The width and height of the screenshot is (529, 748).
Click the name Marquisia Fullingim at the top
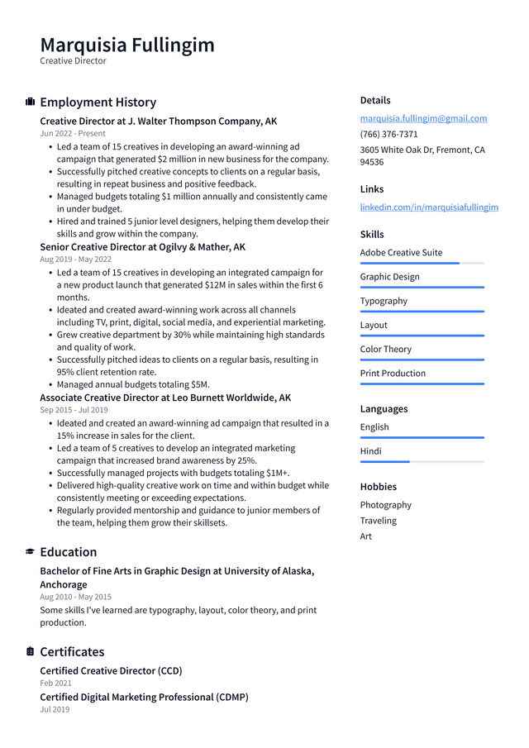127,45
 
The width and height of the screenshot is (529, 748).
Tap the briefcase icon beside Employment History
31,102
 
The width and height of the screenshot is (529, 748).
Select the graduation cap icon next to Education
31,552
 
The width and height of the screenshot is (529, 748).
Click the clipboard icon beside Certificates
31,652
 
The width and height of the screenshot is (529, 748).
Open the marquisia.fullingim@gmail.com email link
423,118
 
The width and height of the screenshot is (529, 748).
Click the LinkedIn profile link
429,207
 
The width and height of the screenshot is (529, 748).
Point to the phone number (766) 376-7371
388,134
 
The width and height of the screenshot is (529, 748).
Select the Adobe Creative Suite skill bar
422,263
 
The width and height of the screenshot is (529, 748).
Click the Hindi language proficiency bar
422,461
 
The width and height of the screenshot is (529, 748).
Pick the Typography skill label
384,301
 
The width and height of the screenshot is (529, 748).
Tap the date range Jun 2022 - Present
73,133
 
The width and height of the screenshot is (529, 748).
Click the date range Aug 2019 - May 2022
75,259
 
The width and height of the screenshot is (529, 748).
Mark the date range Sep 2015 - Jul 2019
74,410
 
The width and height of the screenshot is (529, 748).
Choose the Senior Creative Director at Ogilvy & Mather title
142,246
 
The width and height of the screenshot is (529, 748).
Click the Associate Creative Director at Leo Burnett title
165,398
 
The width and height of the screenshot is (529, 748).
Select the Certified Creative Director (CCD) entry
111,670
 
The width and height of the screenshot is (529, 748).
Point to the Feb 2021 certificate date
55,683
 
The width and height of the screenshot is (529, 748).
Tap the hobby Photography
385,505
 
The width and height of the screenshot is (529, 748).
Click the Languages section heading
384,409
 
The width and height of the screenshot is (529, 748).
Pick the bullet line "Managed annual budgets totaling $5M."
133,384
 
